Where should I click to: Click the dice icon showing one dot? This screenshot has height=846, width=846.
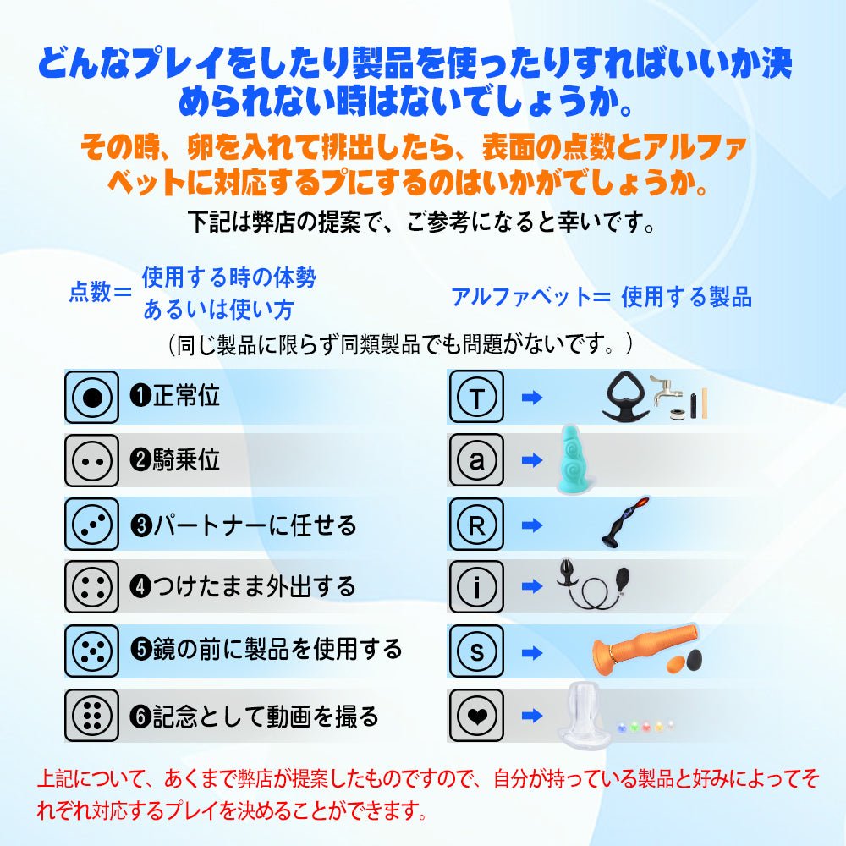(x=91, y=397)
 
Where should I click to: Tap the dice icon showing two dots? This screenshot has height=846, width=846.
(x=91, y=461)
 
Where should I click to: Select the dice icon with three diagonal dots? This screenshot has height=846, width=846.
(x=91, y=525)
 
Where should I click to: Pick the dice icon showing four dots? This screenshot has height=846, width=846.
(x=91, y=588)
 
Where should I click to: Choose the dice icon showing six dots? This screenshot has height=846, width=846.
(x=91, y=716)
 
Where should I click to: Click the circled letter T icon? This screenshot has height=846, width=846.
(x=475, y=397)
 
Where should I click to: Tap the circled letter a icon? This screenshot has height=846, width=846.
(x=475, y=461)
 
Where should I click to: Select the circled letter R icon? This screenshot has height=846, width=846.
(x=475, y=525)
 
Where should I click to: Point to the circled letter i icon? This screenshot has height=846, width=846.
(x=475, y=588)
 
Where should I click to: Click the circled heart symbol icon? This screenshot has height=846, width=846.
(x=475, y=716)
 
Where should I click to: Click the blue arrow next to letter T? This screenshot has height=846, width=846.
(x=531, y=397)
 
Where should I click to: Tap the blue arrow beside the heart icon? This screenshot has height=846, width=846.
(x=531, y=716)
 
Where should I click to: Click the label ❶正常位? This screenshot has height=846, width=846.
(x=174, y=396)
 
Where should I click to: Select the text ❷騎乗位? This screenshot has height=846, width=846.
(x=174, y=460)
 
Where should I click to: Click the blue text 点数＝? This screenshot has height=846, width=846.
(x=100, y=294)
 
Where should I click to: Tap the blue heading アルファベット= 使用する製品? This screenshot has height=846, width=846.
(x=601, y=297)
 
